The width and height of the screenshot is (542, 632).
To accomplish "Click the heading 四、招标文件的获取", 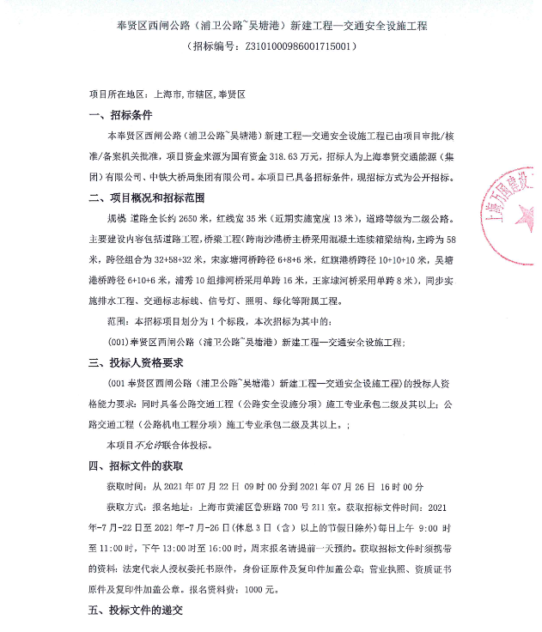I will point(137,465).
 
